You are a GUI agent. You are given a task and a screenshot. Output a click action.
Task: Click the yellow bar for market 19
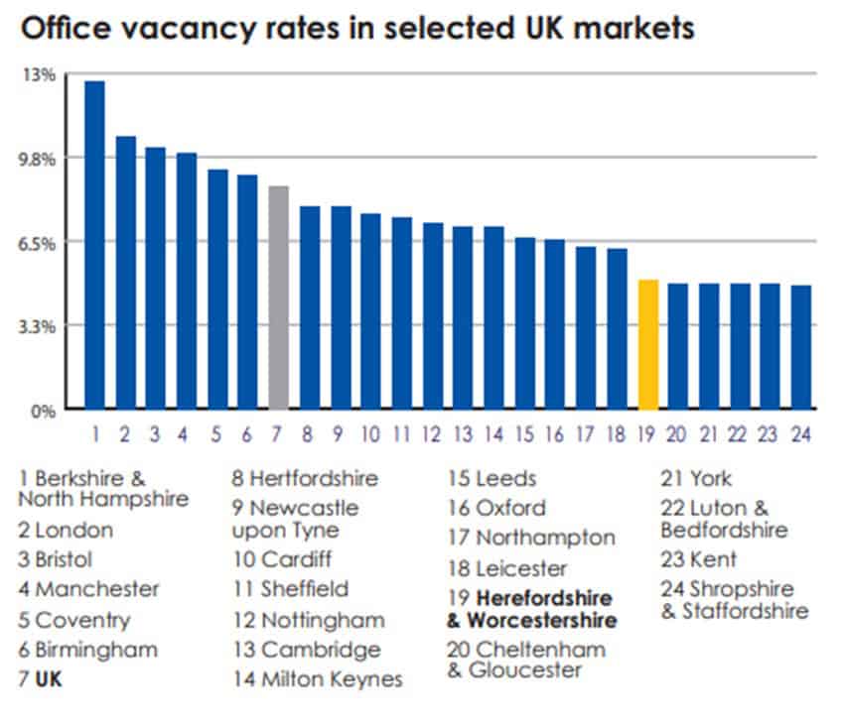[648, 345]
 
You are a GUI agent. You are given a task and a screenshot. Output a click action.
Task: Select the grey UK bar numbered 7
[279, 298]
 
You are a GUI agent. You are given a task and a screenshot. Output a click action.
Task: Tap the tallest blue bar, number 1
[95, 244]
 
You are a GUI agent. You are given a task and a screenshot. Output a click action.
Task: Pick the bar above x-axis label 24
[801, 347]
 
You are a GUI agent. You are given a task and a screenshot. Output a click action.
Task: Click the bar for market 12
[433, 315]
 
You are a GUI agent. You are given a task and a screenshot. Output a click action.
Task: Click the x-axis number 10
[370, 434]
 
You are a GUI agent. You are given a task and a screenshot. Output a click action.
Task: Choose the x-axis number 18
[617, 434]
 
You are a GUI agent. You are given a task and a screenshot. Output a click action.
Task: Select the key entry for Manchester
[88, 589]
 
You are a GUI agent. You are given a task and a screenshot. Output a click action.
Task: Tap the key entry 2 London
[66, 530]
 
